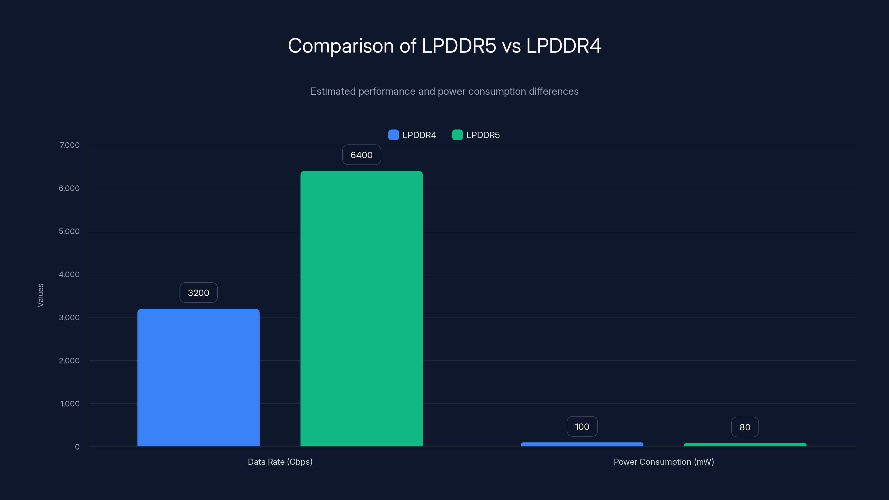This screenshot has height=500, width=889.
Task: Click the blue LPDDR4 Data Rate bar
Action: (198, 377)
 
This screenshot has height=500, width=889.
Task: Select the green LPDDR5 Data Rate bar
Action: (361, 309)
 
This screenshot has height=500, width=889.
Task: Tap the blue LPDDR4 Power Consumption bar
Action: (582, 444)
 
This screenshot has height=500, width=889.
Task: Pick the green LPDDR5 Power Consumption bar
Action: (745, 445)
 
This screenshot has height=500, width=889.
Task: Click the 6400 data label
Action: (361, 155)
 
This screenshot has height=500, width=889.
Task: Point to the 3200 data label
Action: (198, 292)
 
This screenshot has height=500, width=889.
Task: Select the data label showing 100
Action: (582, 426)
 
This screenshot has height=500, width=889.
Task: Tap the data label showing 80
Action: (745, 427)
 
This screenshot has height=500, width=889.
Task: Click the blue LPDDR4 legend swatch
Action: (393, 135)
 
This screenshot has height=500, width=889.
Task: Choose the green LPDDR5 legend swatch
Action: (457, 135)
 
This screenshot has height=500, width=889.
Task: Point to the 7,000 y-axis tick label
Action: (69, 145)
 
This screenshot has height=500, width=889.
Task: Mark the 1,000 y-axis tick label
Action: (70, 404)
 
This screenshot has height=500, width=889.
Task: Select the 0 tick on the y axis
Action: (77, 447)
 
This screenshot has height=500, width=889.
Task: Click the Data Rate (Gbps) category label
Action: (280, 462)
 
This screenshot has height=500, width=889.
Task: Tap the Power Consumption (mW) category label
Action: (664, 462)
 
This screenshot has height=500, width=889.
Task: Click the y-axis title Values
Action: (40, 295)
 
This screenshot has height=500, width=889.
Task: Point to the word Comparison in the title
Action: (341, 46)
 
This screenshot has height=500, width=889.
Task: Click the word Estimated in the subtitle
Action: (333, 91)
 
